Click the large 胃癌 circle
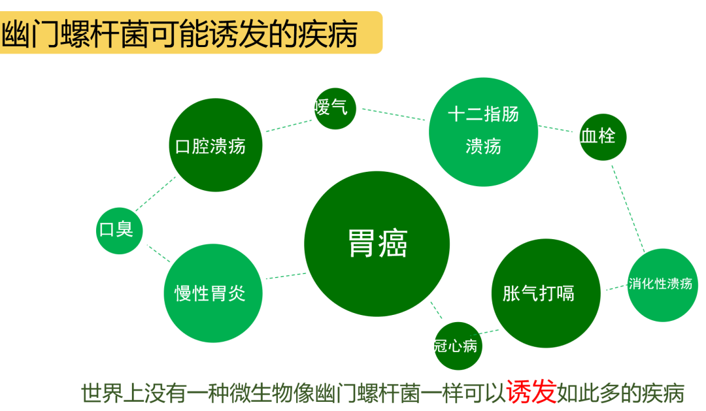click(377, 244)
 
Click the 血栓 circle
click(602, 137)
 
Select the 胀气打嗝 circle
click(545, 293)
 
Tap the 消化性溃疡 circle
click(662, 285)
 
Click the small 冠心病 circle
click(458, 346)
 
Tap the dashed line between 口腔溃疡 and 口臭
click(156, 195)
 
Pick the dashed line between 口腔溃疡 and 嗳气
click(288, 126)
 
